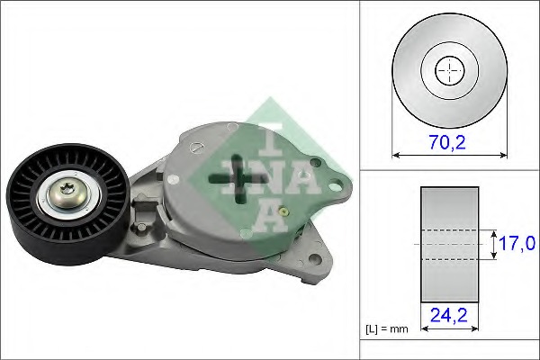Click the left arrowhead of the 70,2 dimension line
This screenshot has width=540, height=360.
tap(397, 155)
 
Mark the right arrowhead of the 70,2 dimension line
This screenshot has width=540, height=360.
tap(503, 155)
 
